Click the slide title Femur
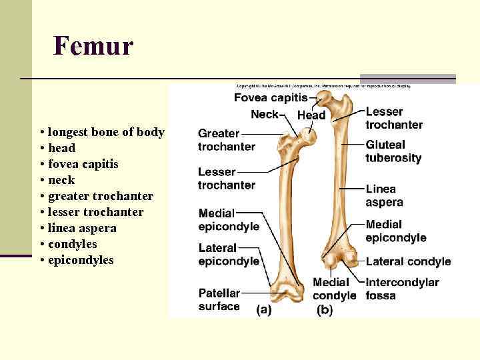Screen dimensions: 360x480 [93, 47]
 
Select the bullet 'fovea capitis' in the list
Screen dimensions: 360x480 [79, 164]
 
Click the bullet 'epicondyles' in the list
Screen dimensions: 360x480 [81, 260]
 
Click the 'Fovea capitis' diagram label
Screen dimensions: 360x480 [270, 98]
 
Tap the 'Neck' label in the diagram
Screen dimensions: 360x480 [264, 114]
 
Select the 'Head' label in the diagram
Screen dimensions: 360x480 [311, 115]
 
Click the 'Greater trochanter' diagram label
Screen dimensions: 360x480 [226, 140]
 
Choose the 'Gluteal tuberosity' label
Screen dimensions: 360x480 [393, 151]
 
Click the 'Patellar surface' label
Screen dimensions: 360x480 [219, 299]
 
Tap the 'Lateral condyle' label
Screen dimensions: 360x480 [408, 262]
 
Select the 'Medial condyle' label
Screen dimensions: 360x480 [335, 289]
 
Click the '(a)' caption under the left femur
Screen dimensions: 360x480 [264, 311]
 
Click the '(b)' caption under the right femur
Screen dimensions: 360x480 [325, 311]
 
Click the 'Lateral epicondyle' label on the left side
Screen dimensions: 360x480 [229, 255]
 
